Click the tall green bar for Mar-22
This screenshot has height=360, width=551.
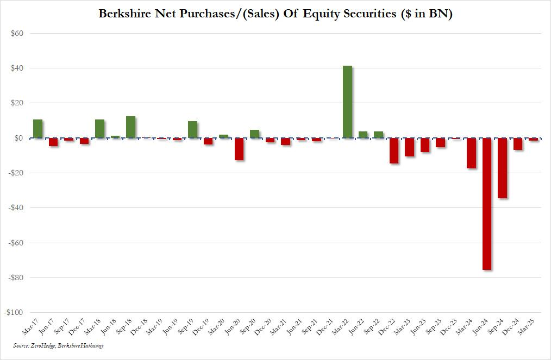pyautogui.click(x=347, y=102)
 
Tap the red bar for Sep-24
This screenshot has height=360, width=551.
pyautogui.click(x=502, y=168)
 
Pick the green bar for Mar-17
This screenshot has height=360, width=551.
pyautogui.click(x=37, y=129)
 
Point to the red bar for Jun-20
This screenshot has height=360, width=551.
pyautogui.click(x=239, y=149)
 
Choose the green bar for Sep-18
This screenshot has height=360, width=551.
pyautogui.click(x=130, y=127)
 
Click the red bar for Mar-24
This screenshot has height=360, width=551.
pyautogui.click(x=471, y=153)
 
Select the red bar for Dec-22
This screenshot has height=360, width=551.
pyautogui.click(x=394, y=150)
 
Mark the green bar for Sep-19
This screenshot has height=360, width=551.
pyautogui.click(x=192, y=129)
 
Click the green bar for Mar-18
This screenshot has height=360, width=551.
pyautogui.click(x=99, y=129)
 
